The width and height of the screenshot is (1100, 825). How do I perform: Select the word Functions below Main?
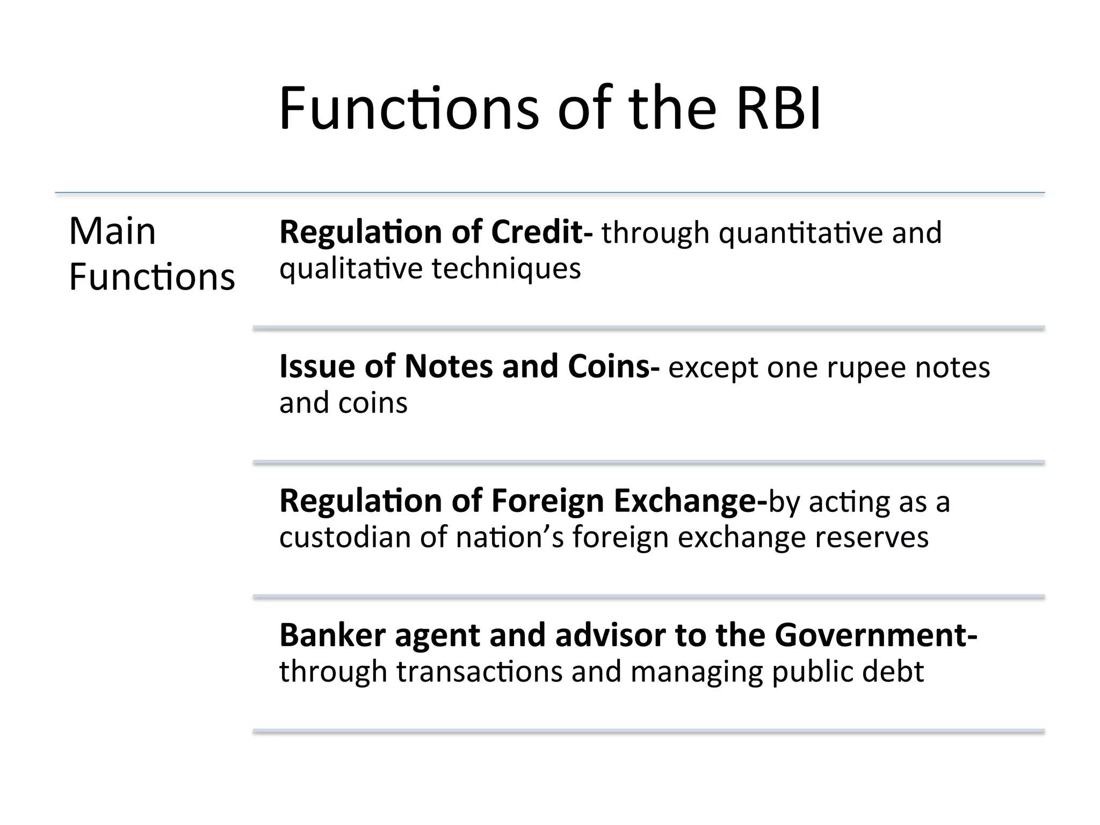(x=152, y=277)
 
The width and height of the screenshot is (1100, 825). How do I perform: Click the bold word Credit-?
(x=541, y=232)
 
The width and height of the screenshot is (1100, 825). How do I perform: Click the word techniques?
(x=506, y=269)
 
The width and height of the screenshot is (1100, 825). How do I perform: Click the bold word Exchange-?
(x=690, y=502)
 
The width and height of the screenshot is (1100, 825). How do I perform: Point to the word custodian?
(x=345, y=537)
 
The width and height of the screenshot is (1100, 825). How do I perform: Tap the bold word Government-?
(x=875, y=635)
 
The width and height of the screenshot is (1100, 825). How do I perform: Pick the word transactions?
(x=479, y=671)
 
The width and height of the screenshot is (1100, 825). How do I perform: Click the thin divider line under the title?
(x=549, y=193)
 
